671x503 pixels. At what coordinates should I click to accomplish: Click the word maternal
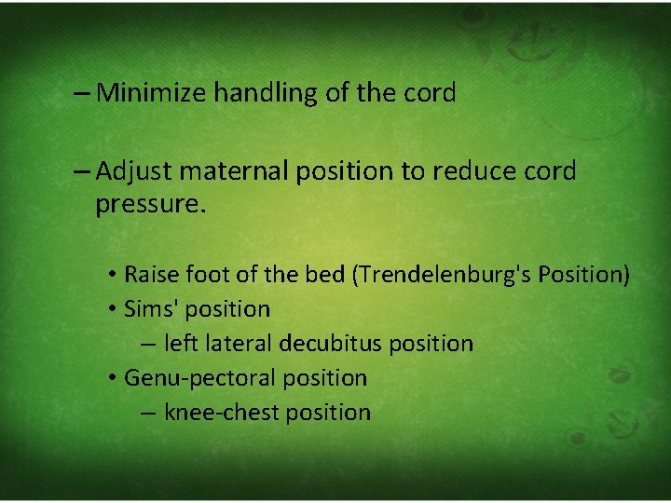[226, 171]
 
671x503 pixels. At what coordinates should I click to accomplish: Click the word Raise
[151, 275]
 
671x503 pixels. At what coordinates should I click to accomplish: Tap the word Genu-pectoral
[196, 378]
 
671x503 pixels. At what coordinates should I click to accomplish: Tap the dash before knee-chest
[149, 413]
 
